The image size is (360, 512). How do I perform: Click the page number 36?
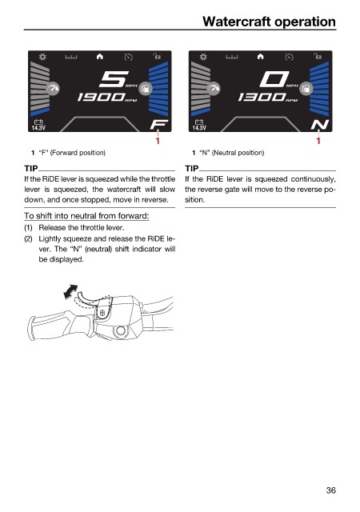(330, 490)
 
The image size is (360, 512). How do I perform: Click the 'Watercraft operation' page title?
(269, 22)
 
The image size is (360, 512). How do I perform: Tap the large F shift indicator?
(158, 124)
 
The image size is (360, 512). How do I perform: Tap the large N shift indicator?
(319, 125)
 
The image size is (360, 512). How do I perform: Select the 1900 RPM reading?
(102, 97)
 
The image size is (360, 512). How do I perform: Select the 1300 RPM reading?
(262, 97)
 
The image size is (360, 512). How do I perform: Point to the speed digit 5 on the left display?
(113, 79)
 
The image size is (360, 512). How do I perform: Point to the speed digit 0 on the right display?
(274, 79)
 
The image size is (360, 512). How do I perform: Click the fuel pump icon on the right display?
(306, 88)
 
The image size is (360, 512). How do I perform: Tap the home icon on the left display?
(100, 57)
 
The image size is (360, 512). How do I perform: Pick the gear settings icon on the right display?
(203, 57)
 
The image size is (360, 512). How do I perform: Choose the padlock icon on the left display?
(157, 56)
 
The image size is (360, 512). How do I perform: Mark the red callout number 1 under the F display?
(158, 141)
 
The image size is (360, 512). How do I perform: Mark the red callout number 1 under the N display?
(318, 141)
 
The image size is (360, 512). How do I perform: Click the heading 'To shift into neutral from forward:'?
(86, 216)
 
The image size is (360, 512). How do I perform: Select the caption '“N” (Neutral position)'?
(232, 153)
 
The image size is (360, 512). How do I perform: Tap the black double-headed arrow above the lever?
(70, 291)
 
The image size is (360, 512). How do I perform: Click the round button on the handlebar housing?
(121, 330)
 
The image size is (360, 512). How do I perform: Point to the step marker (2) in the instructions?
(28, 238)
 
